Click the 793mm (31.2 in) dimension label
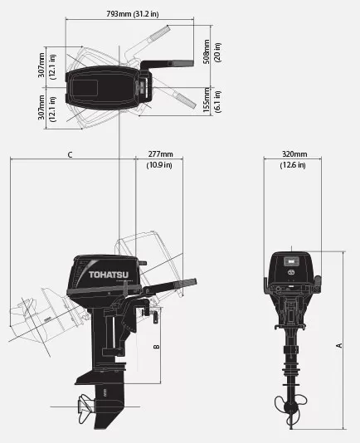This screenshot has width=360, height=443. [x=132, y=14]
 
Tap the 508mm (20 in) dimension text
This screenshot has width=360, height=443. [x=212, y=51]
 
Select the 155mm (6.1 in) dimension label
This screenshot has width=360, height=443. [x=212, y=100]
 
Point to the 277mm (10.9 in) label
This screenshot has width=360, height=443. [x=159, y=159]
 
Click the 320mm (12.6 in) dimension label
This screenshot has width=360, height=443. [x=293, y=159]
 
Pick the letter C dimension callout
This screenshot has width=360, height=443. [x=70, y=155]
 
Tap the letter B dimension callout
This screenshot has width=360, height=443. [x=156, y=347]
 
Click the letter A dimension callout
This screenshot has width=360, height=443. [x=338, y=345]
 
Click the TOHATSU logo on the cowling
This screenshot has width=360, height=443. [x=109, y=275]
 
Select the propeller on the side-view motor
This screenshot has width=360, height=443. [x=85, y=407]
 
